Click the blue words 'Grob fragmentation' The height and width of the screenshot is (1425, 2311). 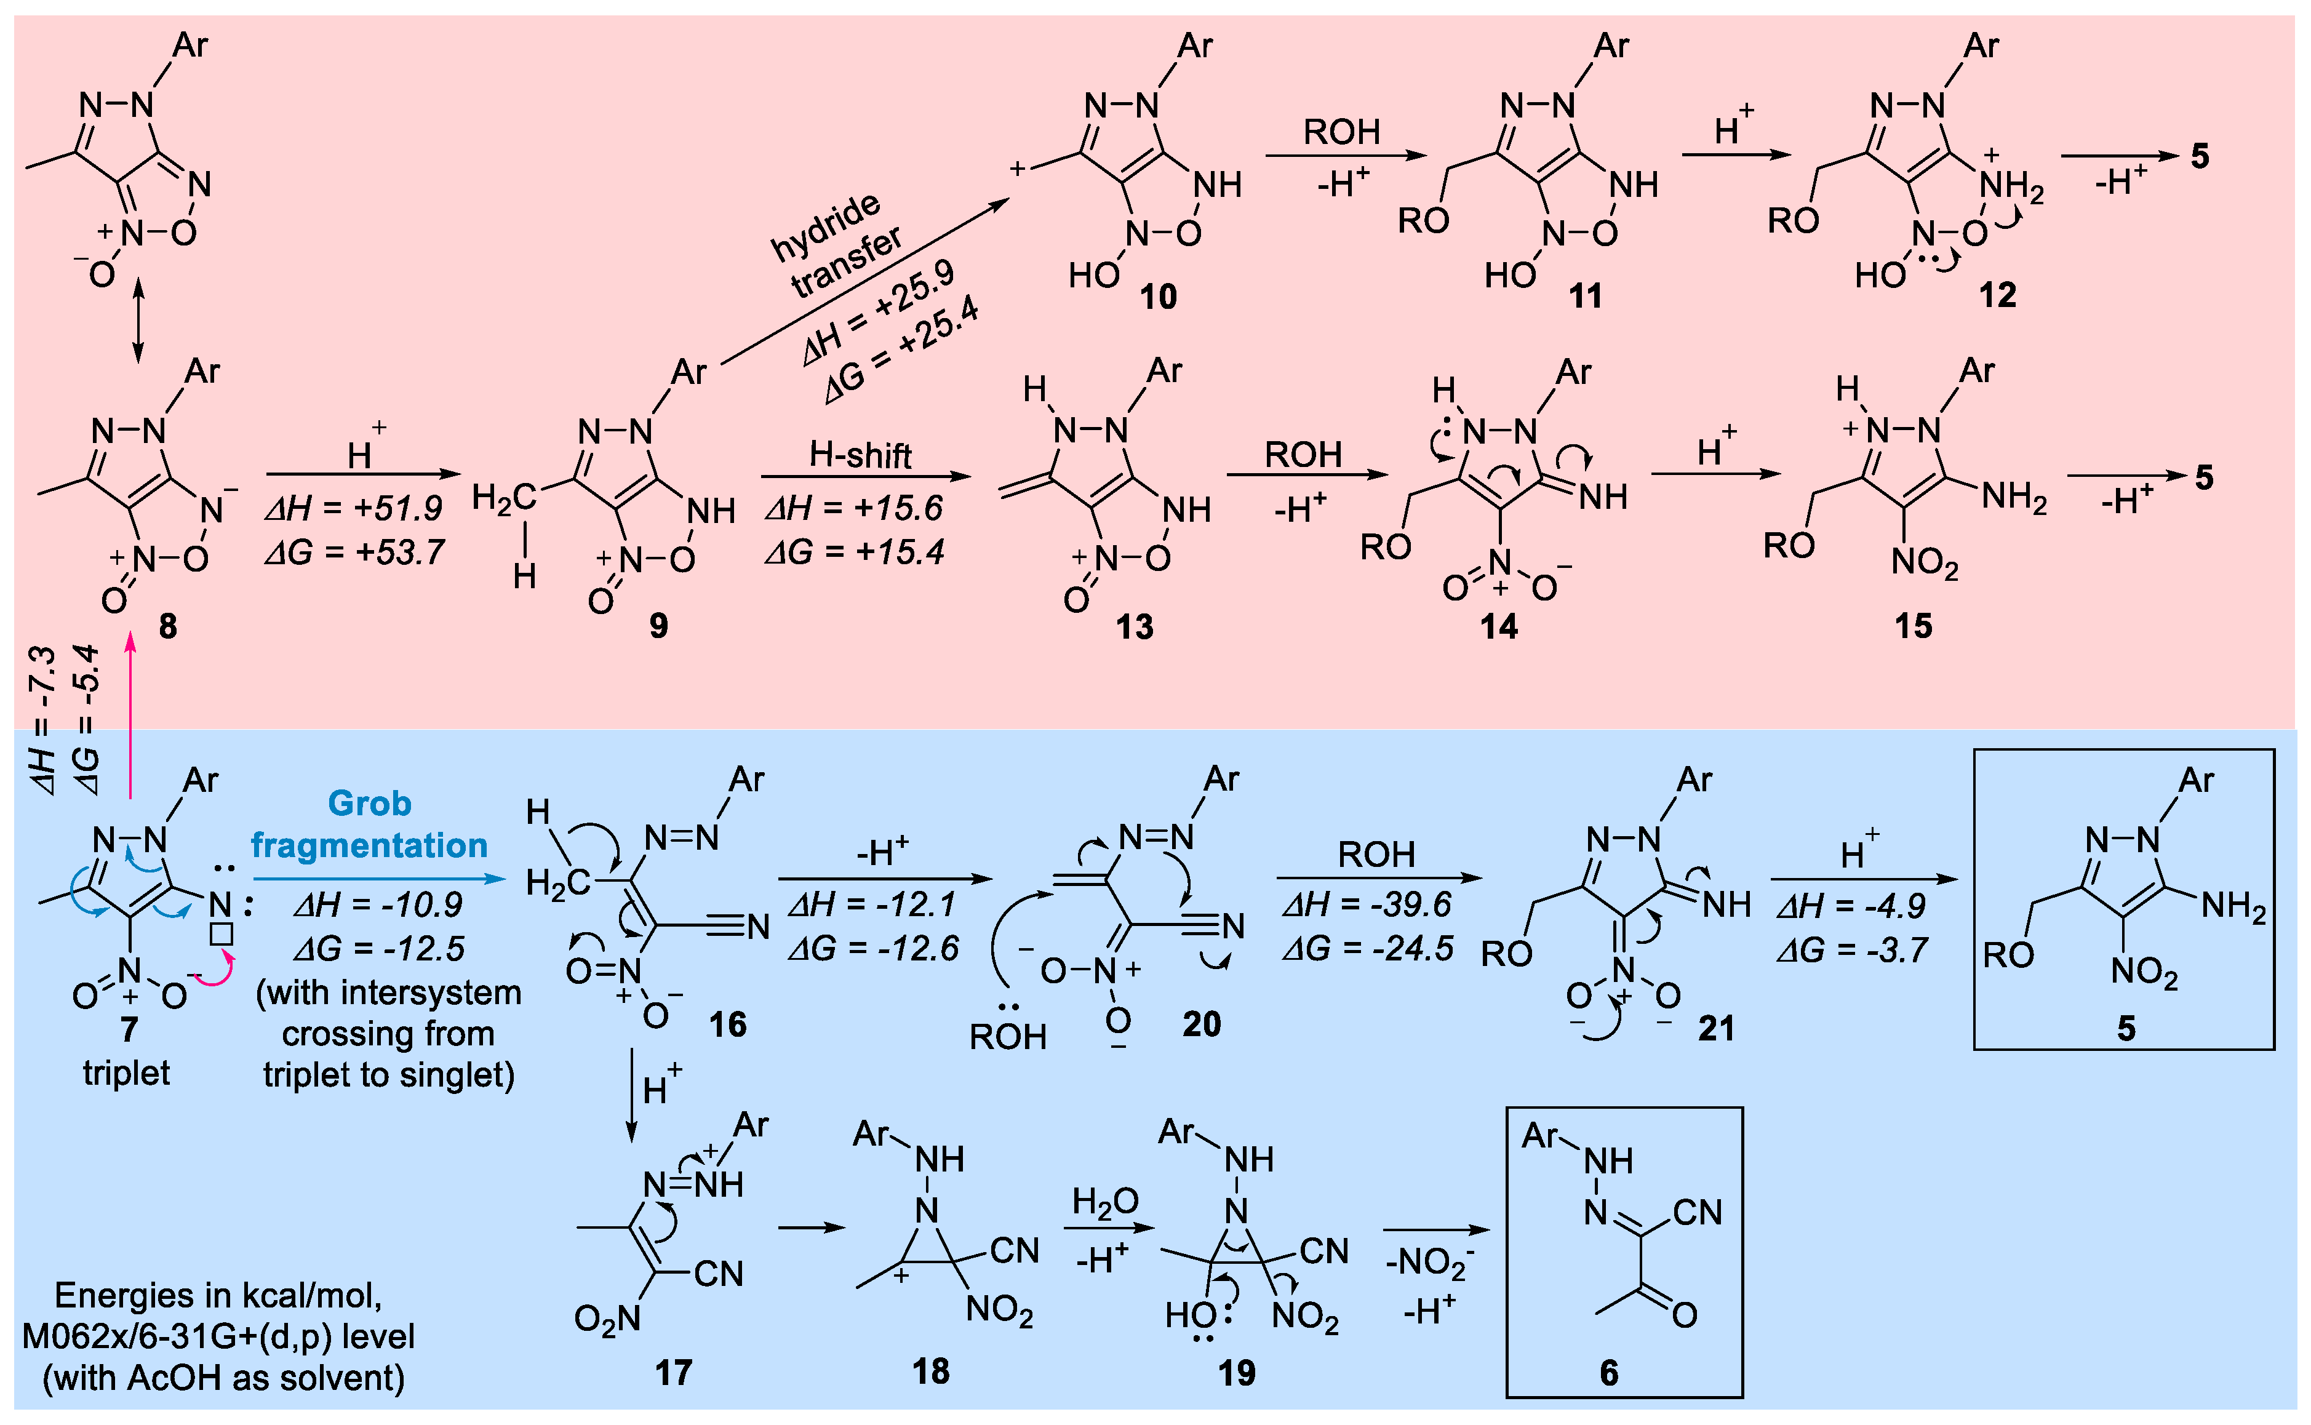click(x=369, y=824)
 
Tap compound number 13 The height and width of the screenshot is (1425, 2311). click(x=1134, y=627)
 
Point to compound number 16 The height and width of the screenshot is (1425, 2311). click(x=727, y=1024)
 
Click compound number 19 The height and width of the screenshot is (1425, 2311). click(x=1237, y=1373)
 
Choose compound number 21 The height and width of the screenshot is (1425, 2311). click(x=1715, y=1028)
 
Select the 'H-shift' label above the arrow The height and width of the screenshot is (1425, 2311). click(x=861, y=456)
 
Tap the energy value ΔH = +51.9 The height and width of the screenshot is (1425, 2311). click(x=354, y=509)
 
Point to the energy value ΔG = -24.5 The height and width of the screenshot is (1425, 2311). click(x=1368, y=948)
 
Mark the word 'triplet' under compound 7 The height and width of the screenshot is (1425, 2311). click(x=126, y=1072)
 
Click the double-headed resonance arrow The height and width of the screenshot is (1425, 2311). click(x=138, y=321)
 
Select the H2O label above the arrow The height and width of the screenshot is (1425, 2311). click(x=1104, y=1202)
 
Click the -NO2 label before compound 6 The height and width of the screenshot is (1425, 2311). click(x=1429, y=1264)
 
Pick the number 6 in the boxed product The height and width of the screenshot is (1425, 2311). click(x=1609, y=1373)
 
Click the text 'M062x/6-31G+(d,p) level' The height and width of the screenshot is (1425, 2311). click(x=218, y=1336)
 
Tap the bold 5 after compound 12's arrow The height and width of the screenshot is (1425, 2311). click(x=2200, y=156)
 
